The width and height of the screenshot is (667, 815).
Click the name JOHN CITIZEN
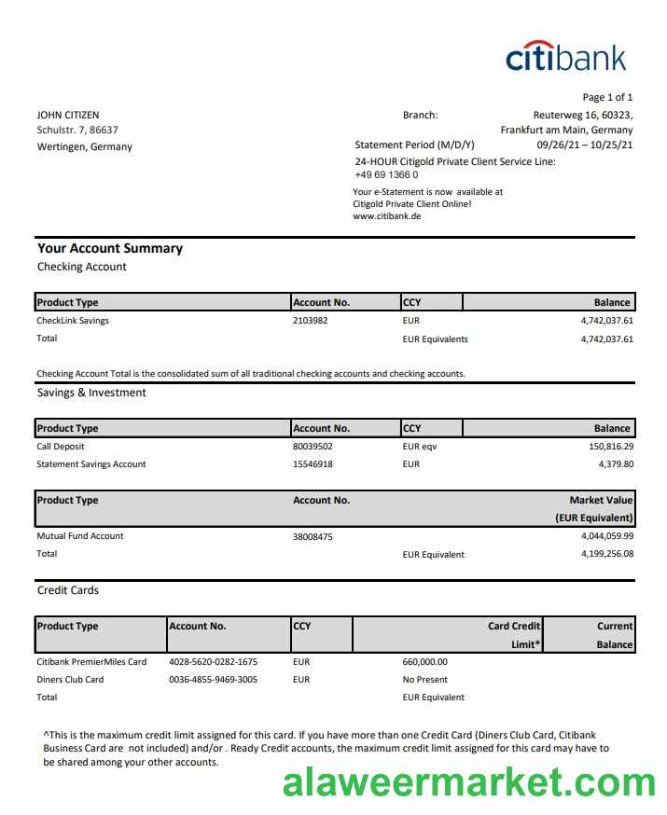tap(68, 115)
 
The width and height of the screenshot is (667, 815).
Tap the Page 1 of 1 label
tap(607, 97)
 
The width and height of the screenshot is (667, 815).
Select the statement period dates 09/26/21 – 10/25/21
tap(585, 145)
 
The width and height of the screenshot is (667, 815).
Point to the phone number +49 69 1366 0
tap(386, 174)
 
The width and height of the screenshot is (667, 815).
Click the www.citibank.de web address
tap(387, 215)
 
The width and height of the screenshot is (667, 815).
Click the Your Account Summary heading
tap(110, 248)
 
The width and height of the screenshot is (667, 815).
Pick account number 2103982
tap(311, 320)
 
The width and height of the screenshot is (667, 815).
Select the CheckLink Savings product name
tap(73, 320)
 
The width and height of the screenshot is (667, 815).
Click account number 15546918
tap(313, 463)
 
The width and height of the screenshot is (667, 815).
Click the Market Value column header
tap(601, 500)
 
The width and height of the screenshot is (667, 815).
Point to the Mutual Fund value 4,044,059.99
tap(606, 535)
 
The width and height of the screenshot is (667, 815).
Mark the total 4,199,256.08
tap(606, 554)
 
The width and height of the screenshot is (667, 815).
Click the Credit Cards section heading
tap(67, 590)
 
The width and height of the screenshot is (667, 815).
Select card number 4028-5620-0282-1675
tap(213, 661)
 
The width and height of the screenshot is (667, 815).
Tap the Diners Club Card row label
tap(70, 679)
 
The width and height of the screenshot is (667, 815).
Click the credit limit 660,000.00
tap(424, 661)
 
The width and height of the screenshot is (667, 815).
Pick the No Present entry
tap(424, 679)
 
